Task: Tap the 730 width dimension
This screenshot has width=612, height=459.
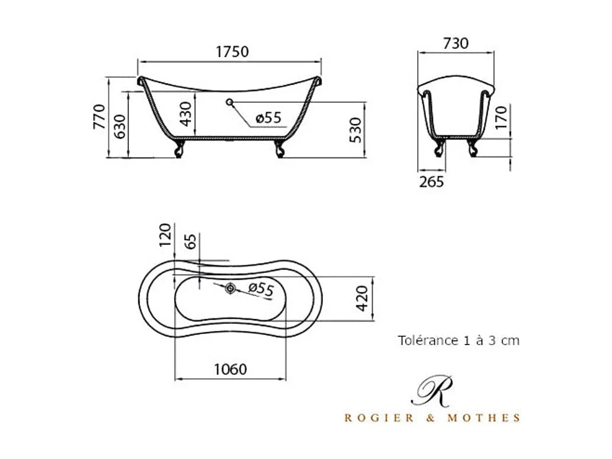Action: click(456, 43)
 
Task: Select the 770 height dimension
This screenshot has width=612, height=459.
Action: click(99, 116)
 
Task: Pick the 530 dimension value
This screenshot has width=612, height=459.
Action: click(355, 130)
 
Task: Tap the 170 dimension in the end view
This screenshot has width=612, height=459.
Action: click(501, 118)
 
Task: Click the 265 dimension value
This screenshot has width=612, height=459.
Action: click(431, 181)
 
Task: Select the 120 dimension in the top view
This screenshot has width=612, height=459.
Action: click(165, 234)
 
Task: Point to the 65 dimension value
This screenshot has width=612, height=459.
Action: click(191, 242)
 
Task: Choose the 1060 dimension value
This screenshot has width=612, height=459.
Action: click(230, 369)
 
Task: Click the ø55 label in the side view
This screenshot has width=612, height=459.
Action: click(268, 117)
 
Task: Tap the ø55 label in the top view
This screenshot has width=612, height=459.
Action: click(261, 289)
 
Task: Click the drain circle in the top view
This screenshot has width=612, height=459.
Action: click(230, 288)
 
